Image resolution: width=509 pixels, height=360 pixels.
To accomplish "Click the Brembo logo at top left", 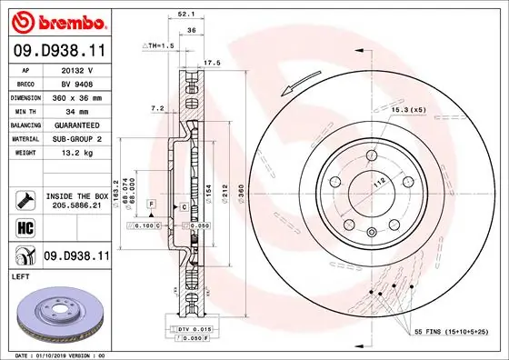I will click(x=55, y=20).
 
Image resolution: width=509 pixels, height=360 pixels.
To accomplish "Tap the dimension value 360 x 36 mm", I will click(x=76, y=95).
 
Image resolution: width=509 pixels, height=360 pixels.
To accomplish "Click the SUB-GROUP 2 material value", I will click(x=76, y=138).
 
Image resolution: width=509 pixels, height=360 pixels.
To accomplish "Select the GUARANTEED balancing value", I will click(x=76, y=125).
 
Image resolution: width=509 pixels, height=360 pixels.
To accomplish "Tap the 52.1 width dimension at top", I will click(x=184, y=14).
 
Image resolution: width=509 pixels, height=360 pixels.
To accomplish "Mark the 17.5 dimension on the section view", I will click(x=213, y=63).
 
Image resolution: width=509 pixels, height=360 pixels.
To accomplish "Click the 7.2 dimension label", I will click(x=156, y=107).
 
